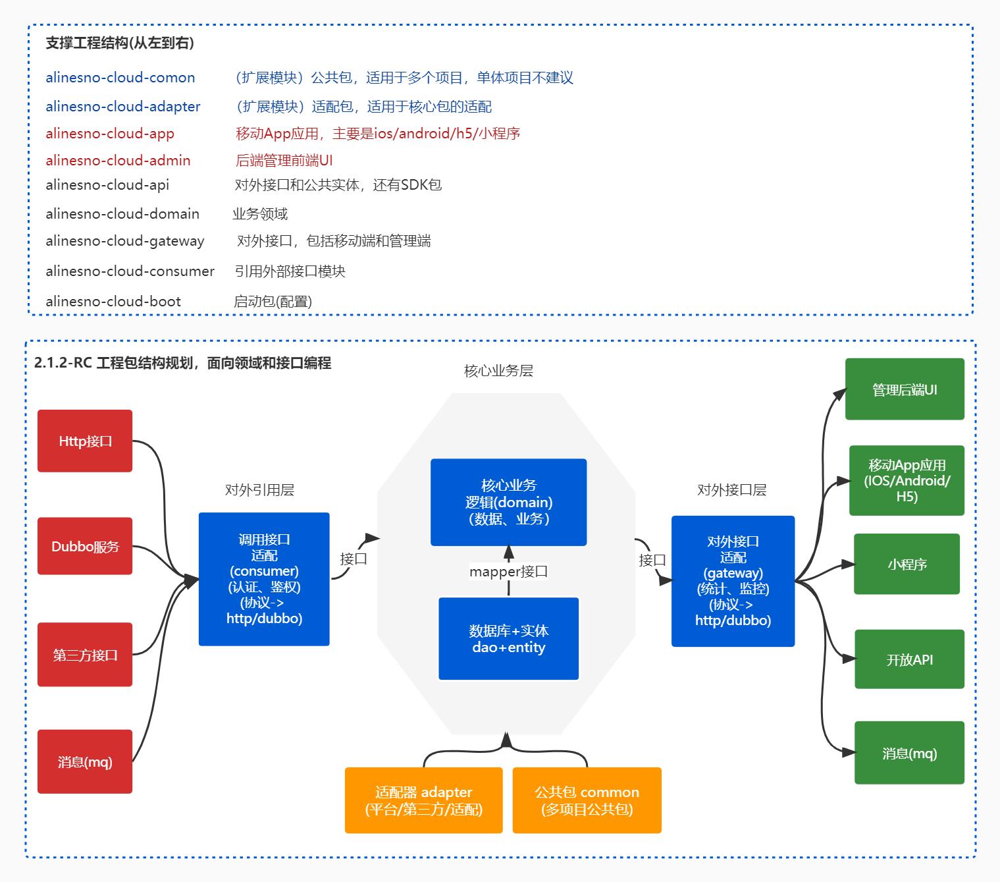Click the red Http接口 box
pos(85,441)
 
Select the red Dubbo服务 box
pos(85,546)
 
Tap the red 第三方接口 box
pos(85,654)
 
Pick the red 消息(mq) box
pos(85,761)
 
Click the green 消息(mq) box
pos(909,753)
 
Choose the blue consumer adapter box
pos(264,579)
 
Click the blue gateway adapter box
pos(733,581)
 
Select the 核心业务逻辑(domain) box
pos(508,502)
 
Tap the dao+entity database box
pos(508,638)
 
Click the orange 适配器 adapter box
pos(423,800)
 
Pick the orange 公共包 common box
pos(587,800)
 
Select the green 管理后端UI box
pos(905,389)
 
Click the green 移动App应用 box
pos(907,480)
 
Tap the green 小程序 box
pos(907,564)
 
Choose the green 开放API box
pos(909,659)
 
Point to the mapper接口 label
pos(508,571)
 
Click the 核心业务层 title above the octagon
pos(498,371)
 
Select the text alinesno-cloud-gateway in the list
pos(125,241)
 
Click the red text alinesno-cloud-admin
pos(118,160)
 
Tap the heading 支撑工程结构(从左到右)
pos(120,43)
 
